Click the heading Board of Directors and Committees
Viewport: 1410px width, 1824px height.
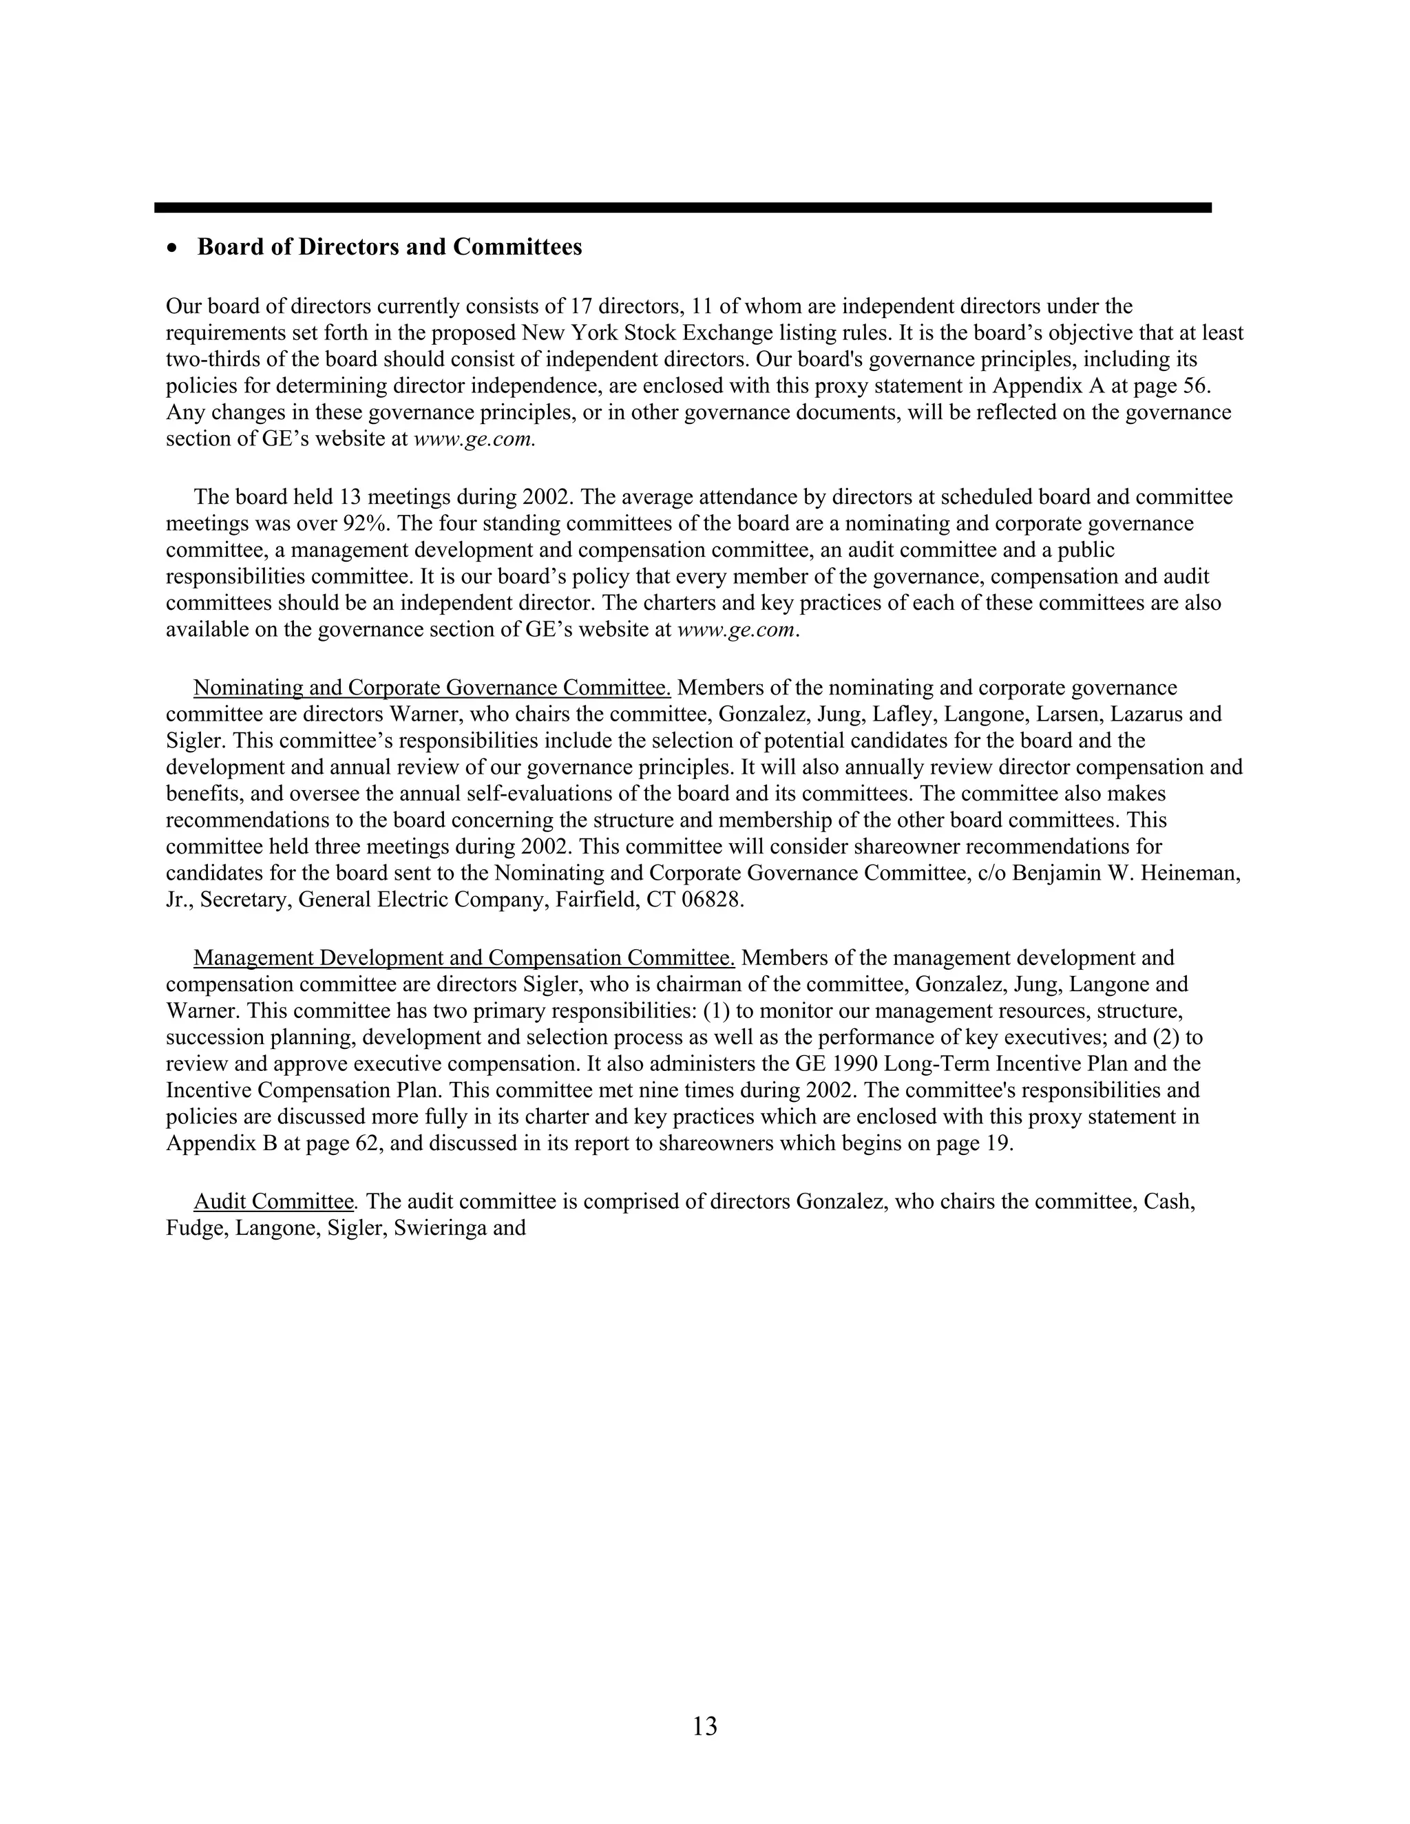click(x=389, y=247)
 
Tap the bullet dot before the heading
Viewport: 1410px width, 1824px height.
click(x=173, y=249)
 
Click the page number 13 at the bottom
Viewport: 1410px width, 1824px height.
click(x=704, y=1726)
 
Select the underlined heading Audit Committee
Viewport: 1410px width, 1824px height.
click(x=274, y=1202)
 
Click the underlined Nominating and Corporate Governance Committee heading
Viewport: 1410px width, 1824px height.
click(x=432, y=688)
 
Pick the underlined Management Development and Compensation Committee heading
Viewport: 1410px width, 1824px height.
click(x=463, y=958)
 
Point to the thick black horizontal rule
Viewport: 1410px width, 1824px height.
click(x=682, y=207)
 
